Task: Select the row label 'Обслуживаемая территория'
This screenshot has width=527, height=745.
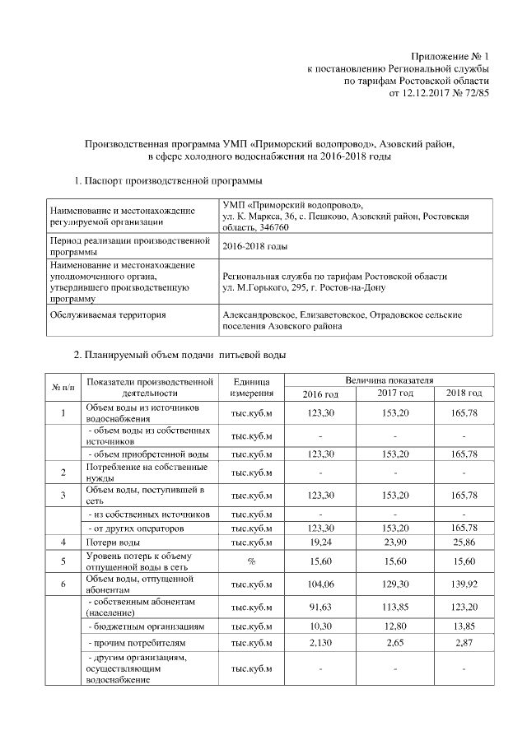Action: point(108,314)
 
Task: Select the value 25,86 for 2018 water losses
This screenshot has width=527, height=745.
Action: point(461,542)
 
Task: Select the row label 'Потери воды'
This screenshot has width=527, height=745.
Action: point(113,542)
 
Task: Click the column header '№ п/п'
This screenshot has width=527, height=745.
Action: point(63,387)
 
